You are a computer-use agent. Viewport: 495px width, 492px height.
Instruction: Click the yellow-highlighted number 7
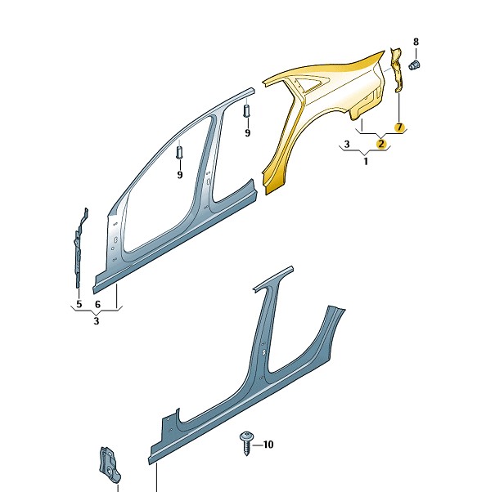click(x=399, y=127)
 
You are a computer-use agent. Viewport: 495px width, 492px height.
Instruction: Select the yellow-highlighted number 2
click(x=381, y=144)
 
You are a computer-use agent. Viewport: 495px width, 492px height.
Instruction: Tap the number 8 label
click(x=416, y=42)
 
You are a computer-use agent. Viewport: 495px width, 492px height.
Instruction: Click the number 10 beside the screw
click(x=268, y=445)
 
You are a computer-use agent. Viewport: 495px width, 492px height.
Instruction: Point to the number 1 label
click(x=366, y=162)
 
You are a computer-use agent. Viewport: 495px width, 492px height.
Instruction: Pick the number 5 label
click(x=79, y=304)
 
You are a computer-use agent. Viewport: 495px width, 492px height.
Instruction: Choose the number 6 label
click(x=97, y=304)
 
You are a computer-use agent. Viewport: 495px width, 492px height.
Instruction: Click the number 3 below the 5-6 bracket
click(x=97, y=321)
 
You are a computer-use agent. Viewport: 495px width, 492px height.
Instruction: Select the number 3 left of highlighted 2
click(x=347, y=144)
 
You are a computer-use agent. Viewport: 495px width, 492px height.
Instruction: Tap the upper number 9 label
click(x=247, y=133)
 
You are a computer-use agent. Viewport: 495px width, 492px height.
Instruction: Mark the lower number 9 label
click(x=180, y=175)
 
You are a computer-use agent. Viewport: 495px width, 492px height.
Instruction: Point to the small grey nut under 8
click(x=414, y=65)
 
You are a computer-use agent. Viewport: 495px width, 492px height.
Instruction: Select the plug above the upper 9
click(x=246, y=110)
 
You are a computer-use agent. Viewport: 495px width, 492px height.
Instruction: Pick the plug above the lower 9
click(x=179, y=153)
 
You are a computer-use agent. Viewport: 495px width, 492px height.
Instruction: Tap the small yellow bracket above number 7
click(x=397, y=70)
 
